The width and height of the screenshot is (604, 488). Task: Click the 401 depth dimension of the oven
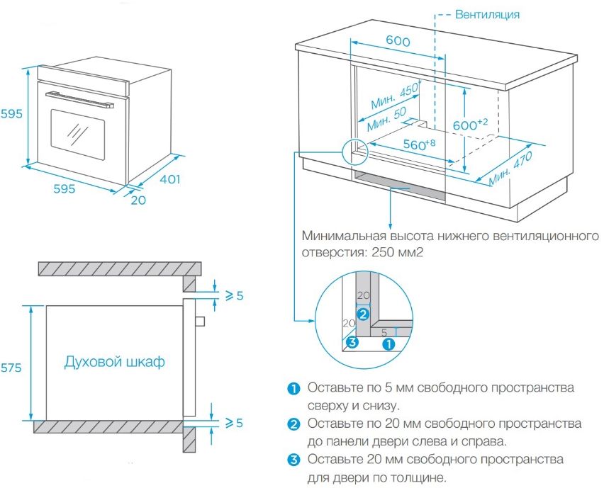point(169,179)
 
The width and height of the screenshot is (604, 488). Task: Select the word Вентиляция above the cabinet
point(488,14)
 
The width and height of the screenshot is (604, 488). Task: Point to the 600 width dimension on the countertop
point(398,42)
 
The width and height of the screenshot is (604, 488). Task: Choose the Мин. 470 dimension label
point(510,170)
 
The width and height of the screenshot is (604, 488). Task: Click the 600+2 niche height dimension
point(470,124)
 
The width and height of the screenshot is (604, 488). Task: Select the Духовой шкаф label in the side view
point(114,362)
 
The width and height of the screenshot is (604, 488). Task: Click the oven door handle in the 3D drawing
point(79,98)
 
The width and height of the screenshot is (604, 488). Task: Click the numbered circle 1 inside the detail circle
point(388,344)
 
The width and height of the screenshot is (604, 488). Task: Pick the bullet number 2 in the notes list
point(293,424)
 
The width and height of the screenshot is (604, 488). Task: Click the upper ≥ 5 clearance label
point(233,295)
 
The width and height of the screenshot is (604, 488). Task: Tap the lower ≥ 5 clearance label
point(233,423)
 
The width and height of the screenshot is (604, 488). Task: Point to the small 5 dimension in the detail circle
point(384,331)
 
